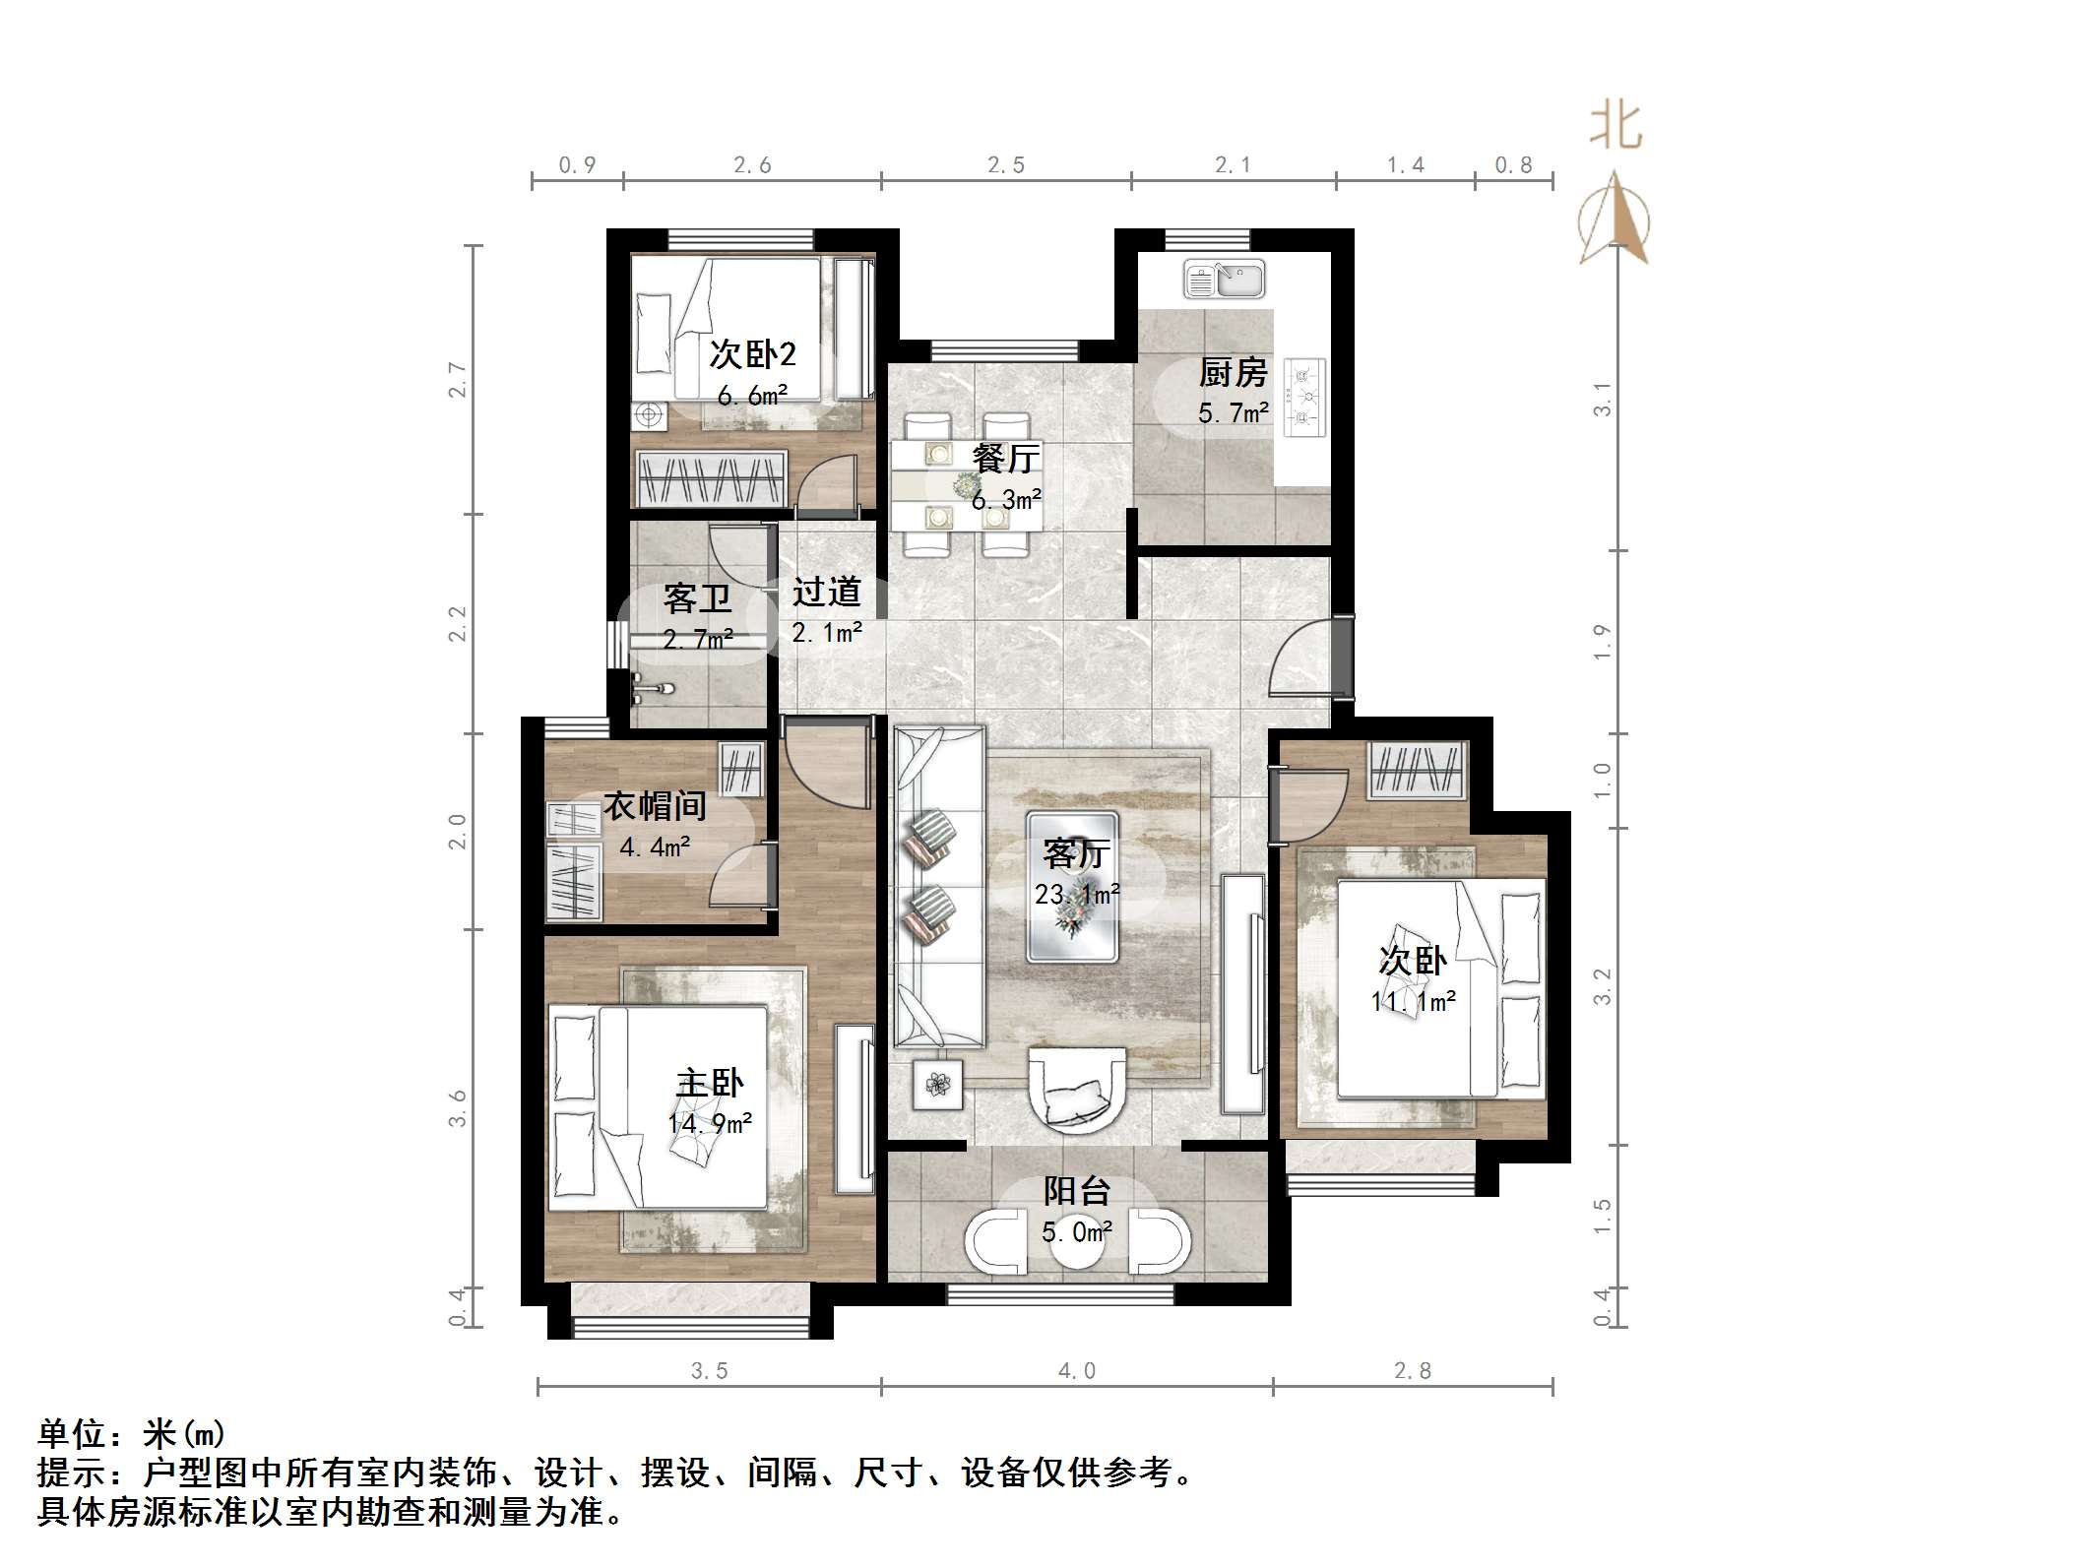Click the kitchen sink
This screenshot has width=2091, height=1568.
pyautogui.click(x=1224, y=280)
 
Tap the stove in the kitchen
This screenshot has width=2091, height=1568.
pyautogui.click(x=1305, y=398)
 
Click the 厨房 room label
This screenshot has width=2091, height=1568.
pyautogui.click(x=1233, y=372)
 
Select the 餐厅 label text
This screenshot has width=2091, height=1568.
pyautogui.click(x=1005, y=458)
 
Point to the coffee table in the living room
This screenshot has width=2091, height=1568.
pyautogui.click(x=1072, y=886)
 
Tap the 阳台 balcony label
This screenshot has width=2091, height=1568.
pyautogui.click(x=1077, y=1191)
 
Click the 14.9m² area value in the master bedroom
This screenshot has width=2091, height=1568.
pyautogui.click(x=710, y=1123)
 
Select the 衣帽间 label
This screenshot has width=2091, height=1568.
pyautogui.click(x=655, y=806)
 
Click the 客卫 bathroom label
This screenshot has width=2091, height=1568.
pyautogui.click(x=697, y=598)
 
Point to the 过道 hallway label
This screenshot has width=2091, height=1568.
pyautogui.click(x=827, y=592)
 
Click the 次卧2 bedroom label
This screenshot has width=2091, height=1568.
pyautogui.click(x=753, y=354)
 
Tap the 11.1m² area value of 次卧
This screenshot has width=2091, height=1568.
pyautogui.click(x=1413, y=1002)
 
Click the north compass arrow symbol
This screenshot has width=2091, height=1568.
pyautogui.click(x=1615, y=219)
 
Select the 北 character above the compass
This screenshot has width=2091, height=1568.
pyautogui.click(x=1616, y=127)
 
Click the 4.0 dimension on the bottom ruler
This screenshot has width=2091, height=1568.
pyautogui.click(x=1076, y=1370)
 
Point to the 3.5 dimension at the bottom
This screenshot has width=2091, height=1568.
pyautogui.click(x=709, y=1370)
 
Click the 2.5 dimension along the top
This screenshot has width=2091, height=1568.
pyautogui.click(x=1006, y=165)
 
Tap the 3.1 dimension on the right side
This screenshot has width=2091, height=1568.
pyautogui.click(x=1603, y=399)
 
